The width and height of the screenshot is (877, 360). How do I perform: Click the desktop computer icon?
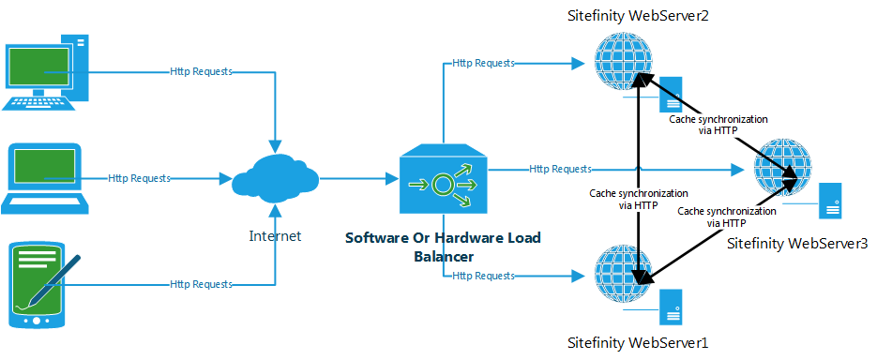pos(46,73)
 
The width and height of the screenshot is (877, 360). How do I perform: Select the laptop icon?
pos(45,179)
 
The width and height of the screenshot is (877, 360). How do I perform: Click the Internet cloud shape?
pos(275,178)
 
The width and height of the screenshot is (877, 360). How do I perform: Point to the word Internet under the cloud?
pos(275,236)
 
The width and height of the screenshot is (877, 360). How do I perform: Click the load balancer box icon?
pos(444,178)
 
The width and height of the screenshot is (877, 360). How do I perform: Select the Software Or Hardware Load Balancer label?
pos(444,247)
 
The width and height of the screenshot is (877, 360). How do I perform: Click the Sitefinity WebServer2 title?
pos(638,16)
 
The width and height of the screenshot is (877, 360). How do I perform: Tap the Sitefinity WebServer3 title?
pos(797,244)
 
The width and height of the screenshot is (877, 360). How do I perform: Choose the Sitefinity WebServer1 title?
pos(638,341)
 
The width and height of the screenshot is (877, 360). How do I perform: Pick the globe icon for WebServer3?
pos(782,166)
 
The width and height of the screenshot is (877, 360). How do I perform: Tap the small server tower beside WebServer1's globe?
pos(670,307)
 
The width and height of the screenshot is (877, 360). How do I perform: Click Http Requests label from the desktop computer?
pos(202,72)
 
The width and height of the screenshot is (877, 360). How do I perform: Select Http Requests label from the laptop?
pos(139,178)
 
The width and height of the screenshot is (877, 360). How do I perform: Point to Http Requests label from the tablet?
pos(202,285)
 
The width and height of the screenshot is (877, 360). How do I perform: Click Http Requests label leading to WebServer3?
pos(560,168)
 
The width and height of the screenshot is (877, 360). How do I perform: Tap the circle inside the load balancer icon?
pos(443,183)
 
